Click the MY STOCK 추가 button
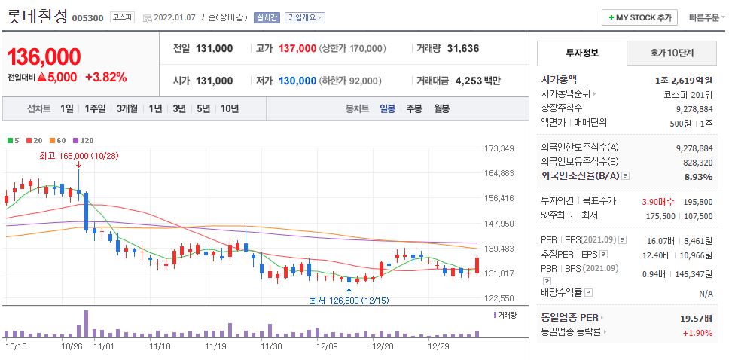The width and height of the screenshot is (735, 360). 640,17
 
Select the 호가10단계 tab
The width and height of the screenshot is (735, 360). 672,53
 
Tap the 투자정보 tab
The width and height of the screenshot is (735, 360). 581,53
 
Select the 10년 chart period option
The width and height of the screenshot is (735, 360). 230,108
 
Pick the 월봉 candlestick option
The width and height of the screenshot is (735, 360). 441,108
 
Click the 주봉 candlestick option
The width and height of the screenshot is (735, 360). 414,108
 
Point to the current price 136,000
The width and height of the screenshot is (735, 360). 44,56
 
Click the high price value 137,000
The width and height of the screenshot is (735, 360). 297,48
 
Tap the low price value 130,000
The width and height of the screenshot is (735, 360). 297,81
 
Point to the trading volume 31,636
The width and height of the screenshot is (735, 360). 462,48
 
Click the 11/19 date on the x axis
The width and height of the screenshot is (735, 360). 215,347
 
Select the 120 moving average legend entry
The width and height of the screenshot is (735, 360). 84,140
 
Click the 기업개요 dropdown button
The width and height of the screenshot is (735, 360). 305,17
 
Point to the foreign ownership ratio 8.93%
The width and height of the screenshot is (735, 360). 698,176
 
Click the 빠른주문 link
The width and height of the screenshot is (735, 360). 704,17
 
